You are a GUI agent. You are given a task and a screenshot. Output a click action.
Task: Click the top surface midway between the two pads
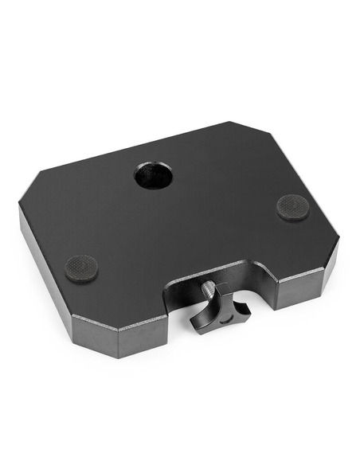pos(187,235)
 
